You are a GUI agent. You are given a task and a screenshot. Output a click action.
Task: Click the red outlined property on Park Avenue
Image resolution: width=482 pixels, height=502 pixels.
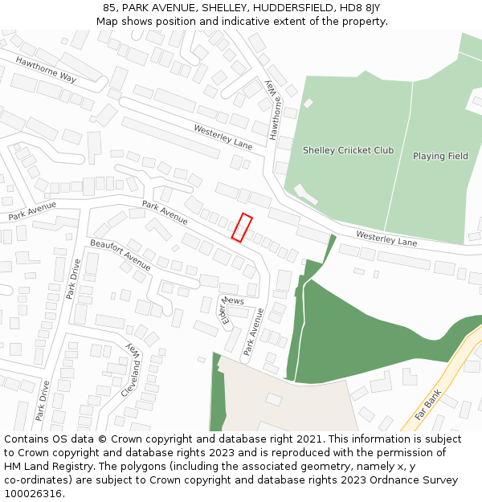tap(242, 227)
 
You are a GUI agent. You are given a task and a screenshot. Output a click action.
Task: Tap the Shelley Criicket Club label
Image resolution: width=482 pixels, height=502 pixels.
tap(348, 150)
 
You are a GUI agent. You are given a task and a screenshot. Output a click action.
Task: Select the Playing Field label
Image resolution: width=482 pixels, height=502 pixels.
tap(440, 156)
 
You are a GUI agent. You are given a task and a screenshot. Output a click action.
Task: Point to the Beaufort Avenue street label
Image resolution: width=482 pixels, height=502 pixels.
tap(120, 255)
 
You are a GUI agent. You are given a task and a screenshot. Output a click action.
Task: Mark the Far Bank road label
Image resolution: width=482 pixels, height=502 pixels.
tap(428, 406)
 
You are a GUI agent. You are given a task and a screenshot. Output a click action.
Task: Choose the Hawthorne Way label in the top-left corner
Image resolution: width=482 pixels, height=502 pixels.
tap(46, 71)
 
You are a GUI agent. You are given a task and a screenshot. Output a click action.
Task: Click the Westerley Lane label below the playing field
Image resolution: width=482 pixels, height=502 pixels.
tap(386, 239)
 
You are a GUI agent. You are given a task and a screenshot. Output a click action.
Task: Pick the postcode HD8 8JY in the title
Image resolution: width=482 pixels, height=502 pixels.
tap(361, 8)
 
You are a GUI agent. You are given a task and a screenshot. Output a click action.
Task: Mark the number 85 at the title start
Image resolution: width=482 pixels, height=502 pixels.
tap(110, 8)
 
